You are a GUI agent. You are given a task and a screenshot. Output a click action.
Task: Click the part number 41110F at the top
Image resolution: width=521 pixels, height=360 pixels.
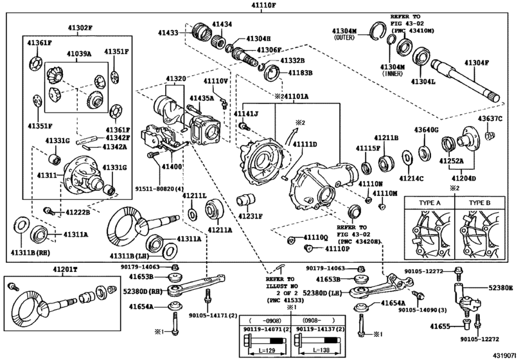(x=260, y=5)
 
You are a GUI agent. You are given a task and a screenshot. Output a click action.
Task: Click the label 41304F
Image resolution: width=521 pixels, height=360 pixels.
(x=477, y=63)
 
